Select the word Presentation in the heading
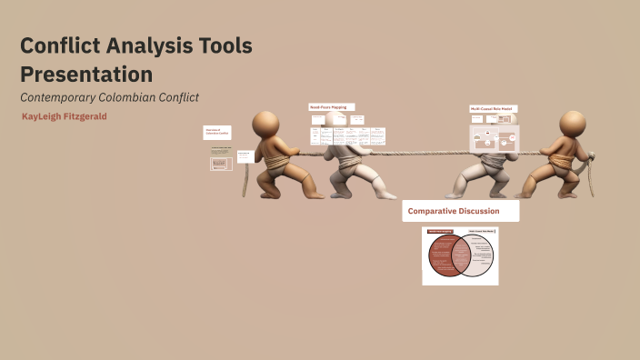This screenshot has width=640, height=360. [x=86, y=74]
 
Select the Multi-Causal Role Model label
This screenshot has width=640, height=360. [x=493, y=109]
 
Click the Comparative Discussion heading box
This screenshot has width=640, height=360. [x=461, y=211]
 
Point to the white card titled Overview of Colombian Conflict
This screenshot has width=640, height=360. [x=216, y=133]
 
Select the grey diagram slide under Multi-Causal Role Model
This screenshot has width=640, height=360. [x=493, y=139]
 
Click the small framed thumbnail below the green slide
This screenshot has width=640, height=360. [x=221, y=165]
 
